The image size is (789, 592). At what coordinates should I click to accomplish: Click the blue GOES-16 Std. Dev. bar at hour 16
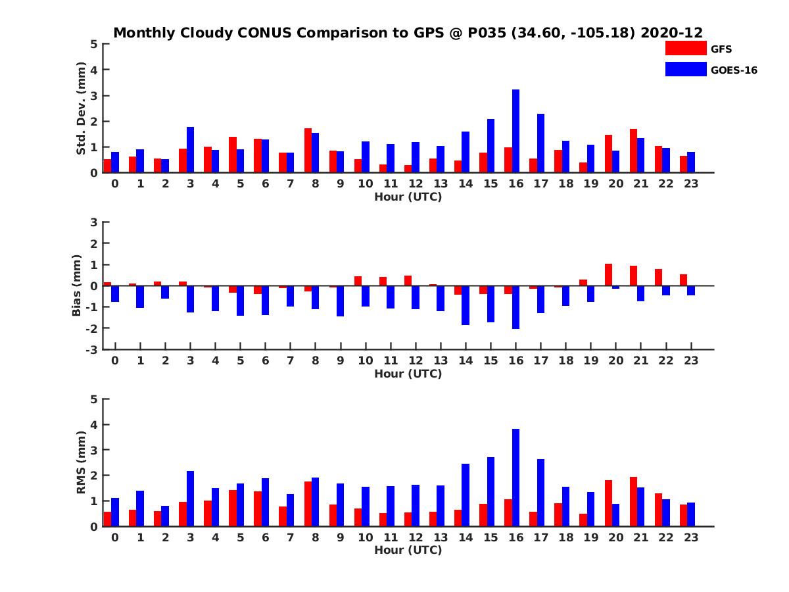pyautogui.click(x=516, y=131)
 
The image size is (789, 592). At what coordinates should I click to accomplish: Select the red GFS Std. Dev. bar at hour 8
pyautogui.click(x=308, y=151)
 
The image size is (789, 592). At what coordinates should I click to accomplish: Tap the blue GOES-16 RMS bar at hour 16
pyautogui.click(x=516, y=478)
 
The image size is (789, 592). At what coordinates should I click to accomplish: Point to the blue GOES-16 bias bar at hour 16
pyautogui.click(x=516, y=307)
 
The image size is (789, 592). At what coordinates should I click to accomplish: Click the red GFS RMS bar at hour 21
pyautogui.click(x=633, y=501)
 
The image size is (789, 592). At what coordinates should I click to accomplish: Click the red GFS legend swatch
pyautogui.click(x=686, y=48)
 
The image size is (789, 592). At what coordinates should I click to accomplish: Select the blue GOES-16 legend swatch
pyautogui.click(x=686, y=69)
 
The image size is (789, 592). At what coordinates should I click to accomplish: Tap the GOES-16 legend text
pyautogui.click(x=734, y=70)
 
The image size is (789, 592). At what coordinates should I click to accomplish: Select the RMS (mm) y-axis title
pyautogui.click(x=81, y=462)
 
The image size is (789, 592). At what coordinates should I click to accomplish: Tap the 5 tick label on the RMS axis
pyautogui.click(x=95, y=399)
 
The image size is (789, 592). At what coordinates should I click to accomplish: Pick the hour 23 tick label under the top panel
pyautogui.click(x=690, y=184)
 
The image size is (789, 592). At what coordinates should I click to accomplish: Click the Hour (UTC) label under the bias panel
pyautogui.click(x=408, y=374)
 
